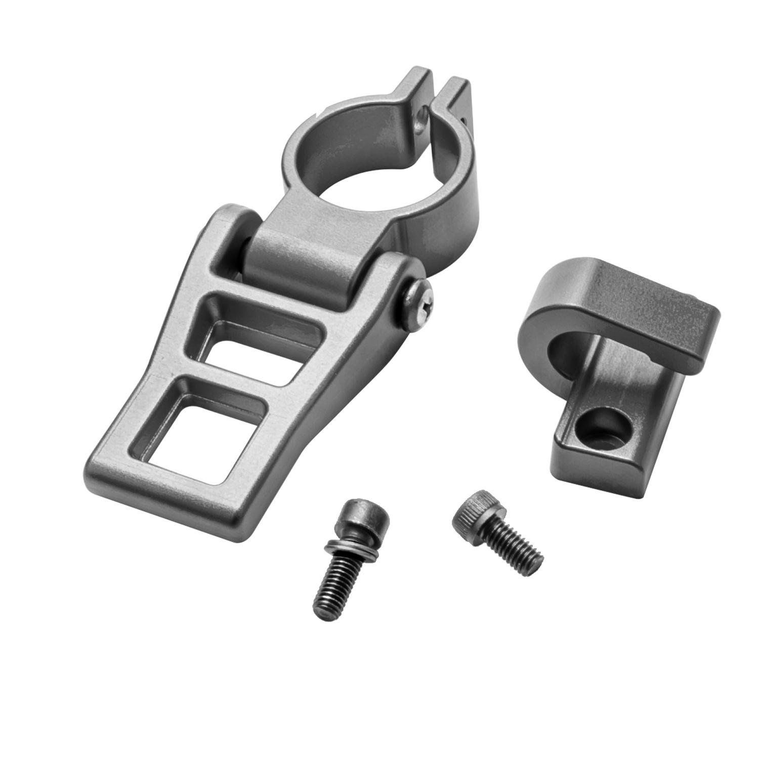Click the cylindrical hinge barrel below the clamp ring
click(x=304, y=258)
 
